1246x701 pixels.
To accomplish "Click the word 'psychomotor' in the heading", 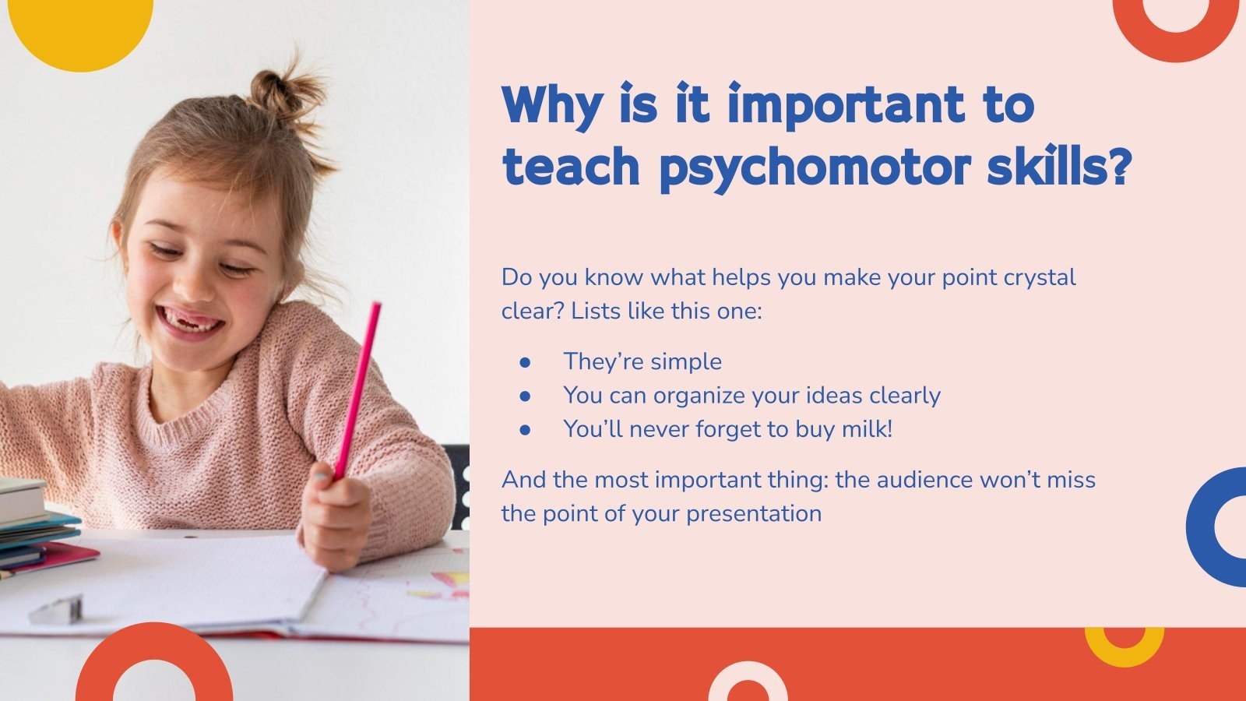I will tap(815, 166).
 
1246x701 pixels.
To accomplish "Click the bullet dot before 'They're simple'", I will tap(525, 362).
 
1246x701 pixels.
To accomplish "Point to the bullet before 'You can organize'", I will tap(525, 396).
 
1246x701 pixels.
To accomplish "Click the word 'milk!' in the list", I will tap(867, 429).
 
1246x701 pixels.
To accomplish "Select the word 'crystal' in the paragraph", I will tap(1040, 277).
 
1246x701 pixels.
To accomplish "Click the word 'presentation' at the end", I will tap(753, 514).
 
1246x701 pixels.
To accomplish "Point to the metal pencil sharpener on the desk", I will tap(56, 609).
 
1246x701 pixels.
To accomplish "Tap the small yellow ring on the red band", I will tap(1124, 646).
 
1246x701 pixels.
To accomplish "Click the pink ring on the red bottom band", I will tap(747, 682).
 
